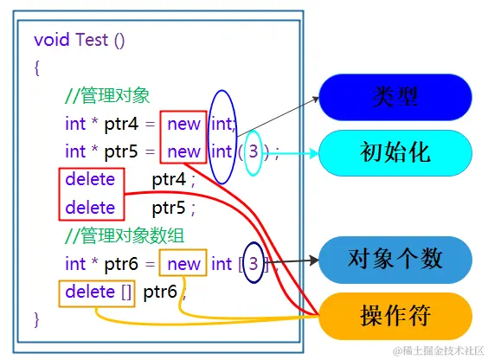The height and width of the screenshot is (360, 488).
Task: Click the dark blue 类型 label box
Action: coord(395,96)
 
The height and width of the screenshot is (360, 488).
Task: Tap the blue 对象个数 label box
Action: coord(395,259)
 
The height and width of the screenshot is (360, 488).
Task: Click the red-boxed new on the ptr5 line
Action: coord(183,151)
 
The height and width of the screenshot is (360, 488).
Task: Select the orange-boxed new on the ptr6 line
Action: coord(183,263)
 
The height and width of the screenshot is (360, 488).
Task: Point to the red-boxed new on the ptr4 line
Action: coord(183,124)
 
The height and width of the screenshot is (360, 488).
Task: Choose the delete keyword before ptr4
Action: coord(89,179)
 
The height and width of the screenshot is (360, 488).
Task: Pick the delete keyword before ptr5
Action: coord(89,207)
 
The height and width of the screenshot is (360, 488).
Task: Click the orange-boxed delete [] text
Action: coord(98,292)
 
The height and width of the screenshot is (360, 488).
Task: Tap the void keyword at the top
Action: coord(52,40)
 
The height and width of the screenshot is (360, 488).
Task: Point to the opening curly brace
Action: coord(37,68)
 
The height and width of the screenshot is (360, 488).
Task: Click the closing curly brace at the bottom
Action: coord(37,319)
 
